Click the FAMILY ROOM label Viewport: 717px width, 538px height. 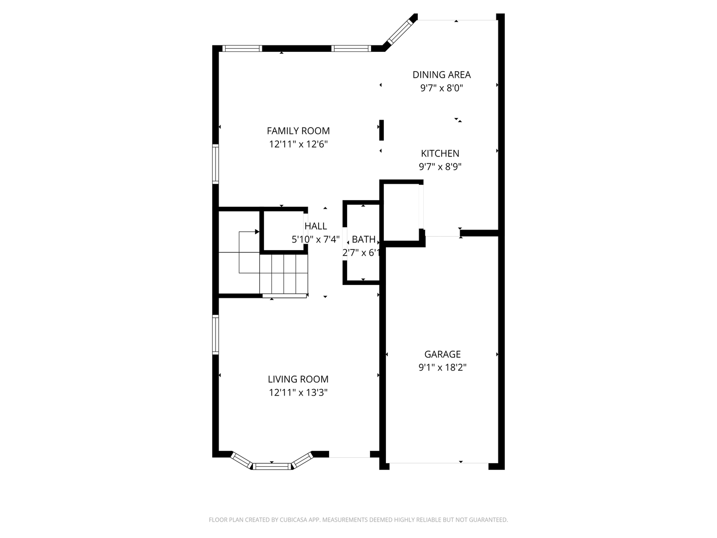click(298, 131)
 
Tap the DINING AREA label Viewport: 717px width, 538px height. click(441, 75)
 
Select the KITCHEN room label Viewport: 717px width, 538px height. click(440, 153)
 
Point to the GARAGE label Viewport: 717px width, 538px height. click(442, 354)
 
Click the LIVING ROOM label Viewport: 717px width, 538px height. click(298, 379)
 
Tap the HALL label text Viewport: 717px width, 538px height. click(316, 226)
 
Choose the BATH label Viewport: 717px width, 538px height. click(363, 240)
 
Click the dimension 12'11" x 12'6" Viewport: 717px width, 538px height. click(298, 144)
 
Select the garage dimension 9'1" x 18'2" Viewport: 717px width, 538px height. click(442, 368)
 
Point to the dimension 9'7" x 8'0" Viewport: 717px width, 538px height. click(441, 88)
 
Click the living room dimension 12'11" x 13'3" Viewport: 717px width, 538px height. click(298, 393)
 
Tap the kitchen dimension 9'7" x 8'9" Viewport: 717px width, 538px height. click(440, 167)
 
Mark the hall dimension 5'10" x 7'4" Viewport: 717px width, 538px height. click(316, 240)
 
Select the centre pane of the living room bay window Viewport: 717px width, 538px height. click(272, 466)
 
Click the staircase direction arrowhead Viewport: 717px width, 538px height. click(257, 232)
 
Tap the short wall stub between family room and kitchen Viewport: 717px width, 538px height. click(381, 130)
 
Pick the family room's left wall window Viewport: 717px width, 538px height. click(215, 164)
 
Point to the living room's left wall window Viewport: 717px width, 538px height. click(215, 334)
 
